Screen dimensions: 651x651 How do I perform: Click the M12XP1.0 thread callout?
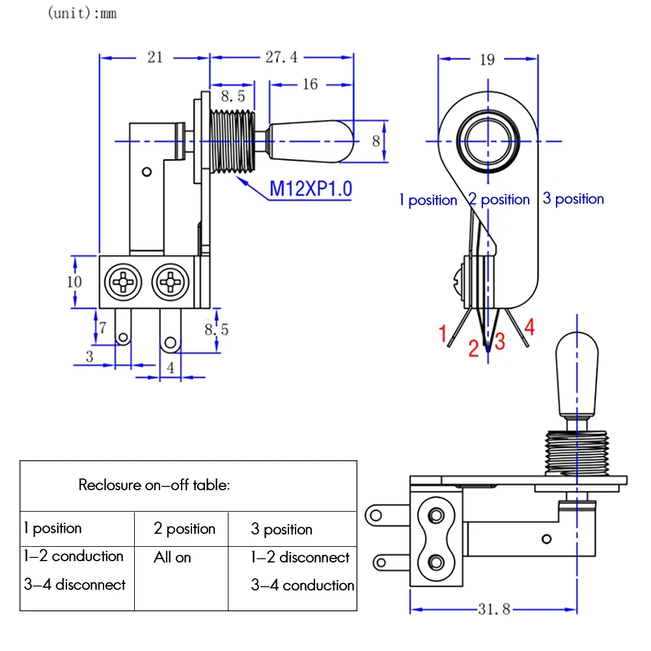(311, 189)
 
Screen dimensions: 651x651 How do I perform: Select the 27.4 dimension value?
(281, 57)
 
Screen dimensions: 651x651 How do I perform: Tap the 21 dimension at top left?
(154, 57)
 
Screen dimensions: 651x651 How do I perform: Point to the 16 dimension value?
(311, 84)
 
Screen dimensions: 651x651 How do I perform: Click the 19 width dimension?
(487, 60)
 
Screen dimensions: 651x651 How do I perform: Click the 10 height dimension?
(74, 281)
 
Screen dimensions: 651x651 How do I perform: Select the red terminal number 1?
(443, 334)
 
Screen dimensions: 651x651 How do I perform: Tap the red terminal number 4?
(529, 327)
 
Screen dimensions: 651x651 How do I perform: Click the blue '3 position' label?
(573, 199)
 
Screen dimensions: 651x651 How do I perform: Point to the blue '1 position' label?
(428, 200)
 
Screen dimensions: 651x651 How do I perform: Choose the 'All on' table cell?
(173, 557)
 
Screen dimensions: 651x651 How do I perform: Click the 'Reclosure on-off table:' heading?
(154, 485)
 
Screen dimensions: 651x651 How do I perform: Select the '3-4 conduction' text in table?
(303, 585)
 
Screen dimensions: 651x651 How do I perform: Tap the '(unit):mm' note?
(82, 13)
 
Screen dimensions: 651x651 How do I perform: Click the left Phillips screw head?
(122, 283)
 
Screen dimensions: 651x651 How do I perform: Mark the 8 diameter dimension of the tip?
(376, 141)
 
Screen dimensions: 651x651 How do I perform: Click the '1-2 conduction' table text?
(74, 557)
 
